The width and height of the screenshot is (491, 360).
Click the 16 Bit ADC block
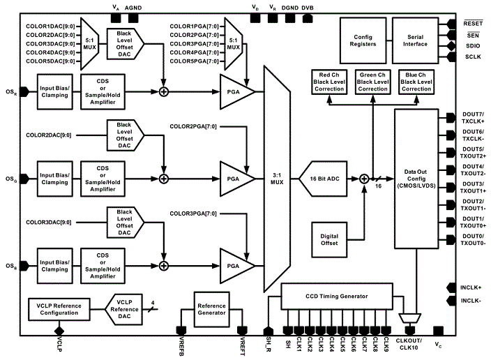(x=328, y=179)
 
